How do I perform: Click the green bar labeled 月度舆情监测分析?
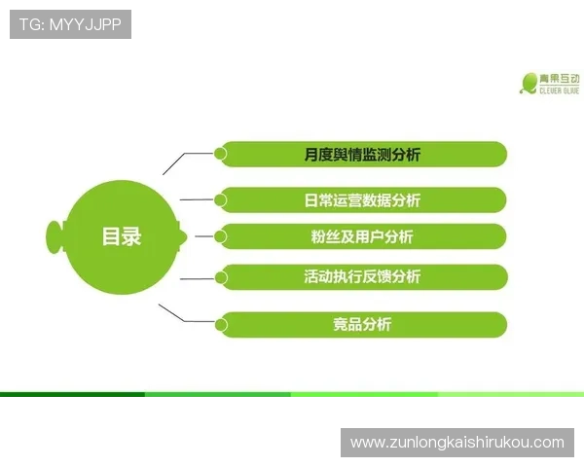click(362, 154)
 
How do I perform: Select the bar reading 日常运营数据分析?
click(362, 199)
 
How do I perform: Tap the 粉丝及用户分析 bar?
click(362, 236)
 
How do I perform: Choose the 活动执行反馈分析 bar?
click(362, 276)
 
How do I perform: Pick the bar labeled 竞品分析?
click(362, 324)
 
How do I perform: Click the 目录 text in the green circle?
click(122, 236)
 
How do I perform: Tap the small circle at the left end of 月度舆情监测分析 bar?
click(221, 154)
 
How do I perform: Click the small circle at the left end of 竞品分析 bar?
click(221, 324)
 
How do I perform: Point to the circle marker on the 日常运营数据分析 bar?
click(221, 199)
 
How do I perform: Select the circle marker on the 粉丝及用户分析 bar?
click(221, 236)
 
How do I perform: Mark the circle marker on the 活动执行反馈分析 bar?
click(221, 276)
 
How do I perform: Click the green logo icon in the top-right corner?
click(529, 81)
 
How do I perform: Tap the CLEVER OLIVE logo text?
click(560, 90)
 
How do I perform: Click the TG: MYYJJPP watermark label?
click(70, 24)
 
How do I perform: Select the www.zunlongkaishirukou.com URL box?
click(456, 443)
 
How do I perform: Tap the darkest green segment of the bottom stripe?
click(73, 394)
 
